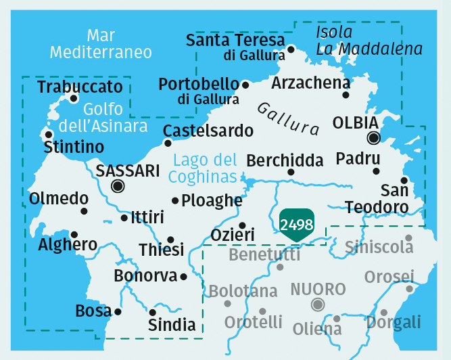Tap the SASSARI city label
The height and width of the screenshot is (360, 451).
[x=128, y=171]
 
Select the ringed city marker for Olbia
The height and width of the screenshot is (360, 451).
[x=373, y=139]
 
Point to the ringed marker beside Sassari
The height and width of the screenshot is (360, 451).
[x=118, y=186]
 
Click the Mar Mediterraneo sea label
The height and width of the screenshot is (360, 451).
[x=101, y=43]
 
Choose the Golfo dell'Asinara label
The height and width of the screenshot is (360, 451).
[x=103, y=117]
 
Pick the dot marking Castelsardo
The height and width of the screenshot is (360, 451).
[x=168, y=143]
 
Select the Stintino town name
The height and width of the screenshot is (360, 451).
[x=74, y=148]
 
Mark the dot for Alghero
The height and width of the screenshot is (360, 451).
[x=74, y=234]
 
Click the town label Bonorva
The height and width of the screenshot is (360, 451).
[x=145, y=276]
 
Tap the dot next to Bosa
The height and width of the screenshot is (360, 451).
[x=118, y=312]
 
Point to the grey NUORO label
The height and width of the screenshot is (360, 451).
[x=318, y=290]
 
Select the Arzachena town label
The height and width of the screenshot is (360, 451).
[x=310, y=83]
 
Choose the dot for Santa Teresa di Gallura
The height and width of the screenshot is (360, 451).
[x=291, y=49]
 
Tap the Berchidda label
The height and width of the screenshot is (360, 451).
[x=285, y=160]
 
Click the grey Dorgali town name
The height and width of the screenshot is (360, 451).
[x=394, y=321]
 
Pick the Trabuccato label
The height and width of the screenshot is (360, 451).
[x=80, y=87]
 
